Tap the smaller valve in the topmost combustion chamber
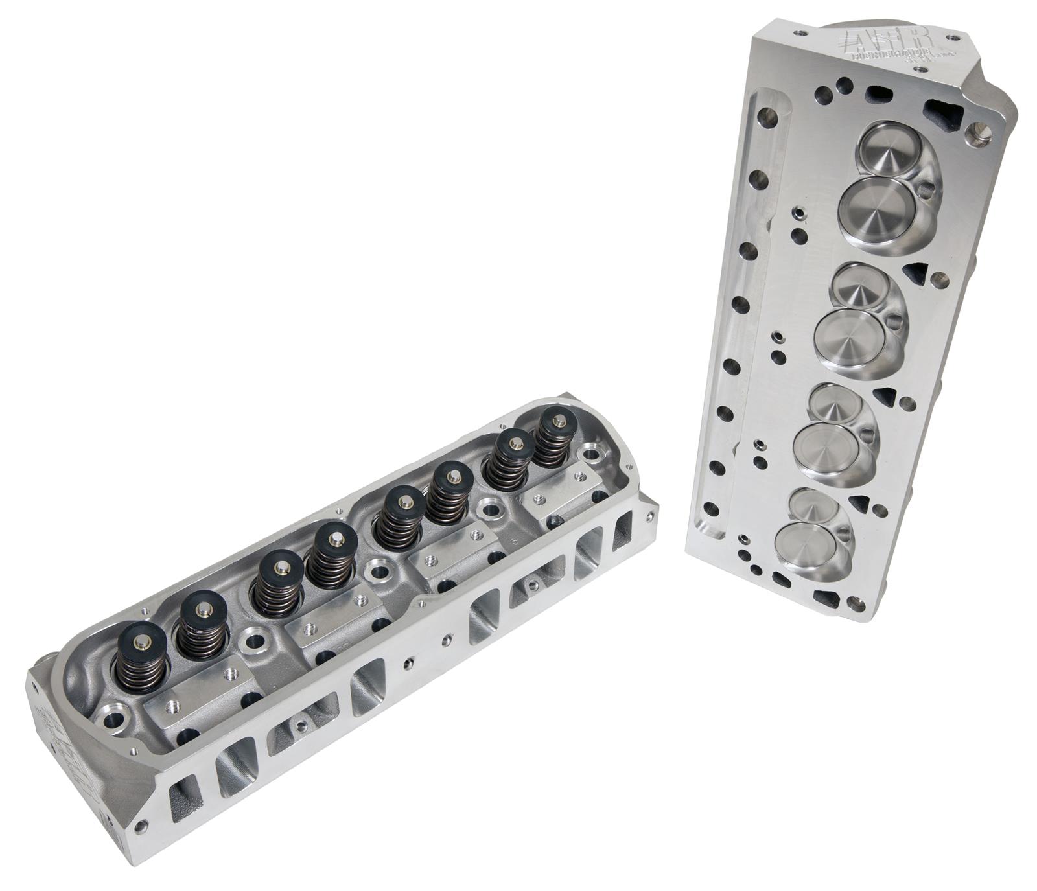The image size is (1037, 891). pos(889,150)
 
